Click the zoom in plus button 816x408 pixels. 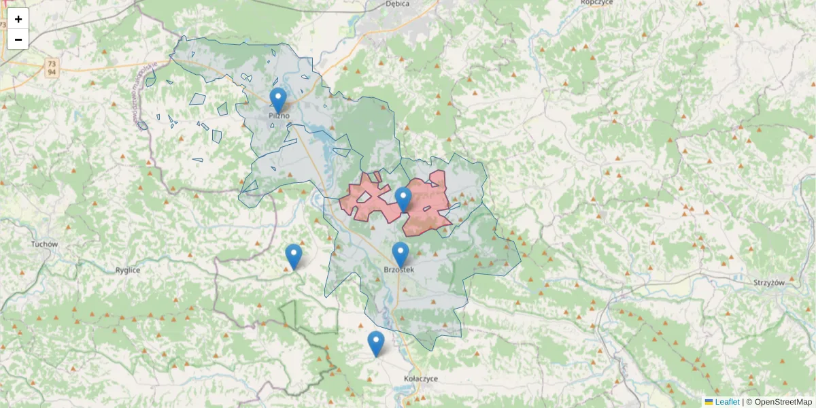coord(18,19)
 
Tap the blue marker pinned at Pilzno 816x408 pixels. coord(278,101)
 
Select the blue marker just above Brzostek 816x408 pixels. coord(401,255)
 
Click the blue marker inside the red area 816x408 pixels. coord(403,199)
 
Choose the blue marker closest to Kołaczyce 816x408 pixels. coord(376,343)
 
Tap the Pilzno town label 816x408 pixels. coord(279,116)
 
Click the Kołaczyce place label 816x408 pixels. coord(421,378)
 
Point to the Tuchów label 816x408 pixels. coord(45,244)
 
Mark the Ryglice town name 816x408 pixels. coord(127,270)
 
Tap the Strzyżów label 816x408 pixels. coord(770,282)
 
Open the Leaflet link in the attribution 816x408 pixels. coord(727,402)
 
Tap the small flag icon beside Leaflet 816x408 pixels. coord(709,402)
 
